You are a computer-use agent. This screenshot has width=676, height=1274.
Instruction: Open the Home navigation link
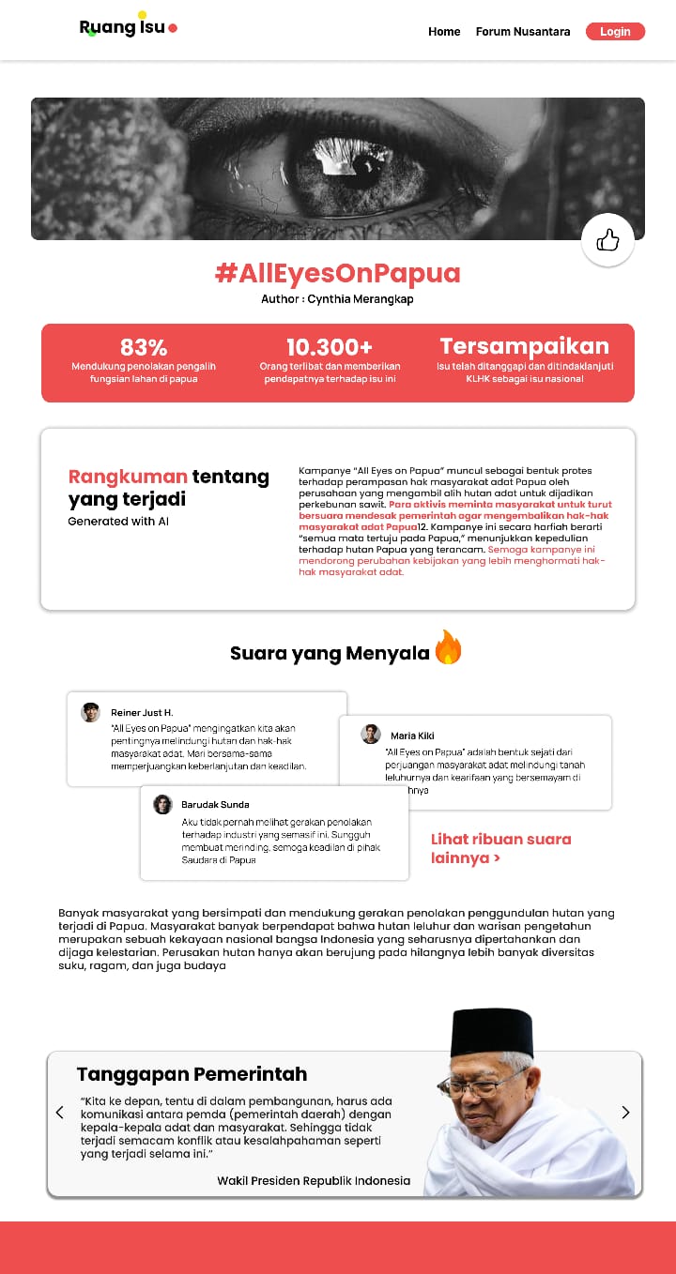point(444,32)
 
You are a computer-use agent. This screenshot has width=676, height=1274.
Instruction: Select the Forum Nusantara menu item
point(523,32)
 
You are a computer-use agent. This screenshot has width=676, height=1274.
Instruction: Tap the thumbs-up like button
point(607,240)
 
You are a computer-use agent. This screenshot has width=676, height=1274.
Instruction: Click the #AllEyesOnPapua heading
point(337,273)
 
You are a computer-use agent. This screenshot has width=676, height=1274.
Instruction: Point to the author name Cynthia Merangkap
point(360,299)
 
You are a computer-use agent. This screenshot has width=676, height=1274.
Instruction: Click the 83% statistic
point(144,347)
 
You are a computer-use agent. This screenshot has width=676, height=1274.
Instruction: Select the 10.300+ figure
point(330,347)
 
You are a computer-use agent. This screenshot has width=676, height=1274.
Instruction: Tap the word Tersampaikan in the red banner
point(524,346)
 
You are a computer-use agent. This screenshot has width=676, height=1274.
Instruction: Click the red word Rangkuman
point(128,477)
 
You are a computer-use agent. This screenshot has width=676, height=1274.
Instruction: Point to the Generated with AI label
point(118,522)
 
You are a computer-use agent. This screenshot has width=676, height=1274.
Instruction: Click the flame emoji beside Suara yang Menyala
point(448,648)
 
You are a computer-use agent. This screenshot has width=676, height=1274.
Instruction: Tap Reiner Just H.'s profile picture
point(90,712)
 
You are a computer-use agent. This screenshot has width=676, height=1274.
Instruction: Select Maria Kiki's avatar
point(371,735)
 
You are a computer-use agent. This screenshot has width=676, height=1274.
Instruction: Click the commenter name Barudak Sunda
point(215,805)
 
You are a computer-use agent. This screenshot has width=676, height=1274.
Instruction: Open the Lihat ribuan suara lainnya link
point(500,848)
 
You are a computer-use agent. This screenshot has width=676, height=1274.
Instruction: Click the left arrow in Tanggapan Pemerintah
point(60,1113)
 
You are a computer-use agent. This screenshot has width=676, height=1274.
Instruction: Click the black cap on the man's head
point(492,1033)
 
